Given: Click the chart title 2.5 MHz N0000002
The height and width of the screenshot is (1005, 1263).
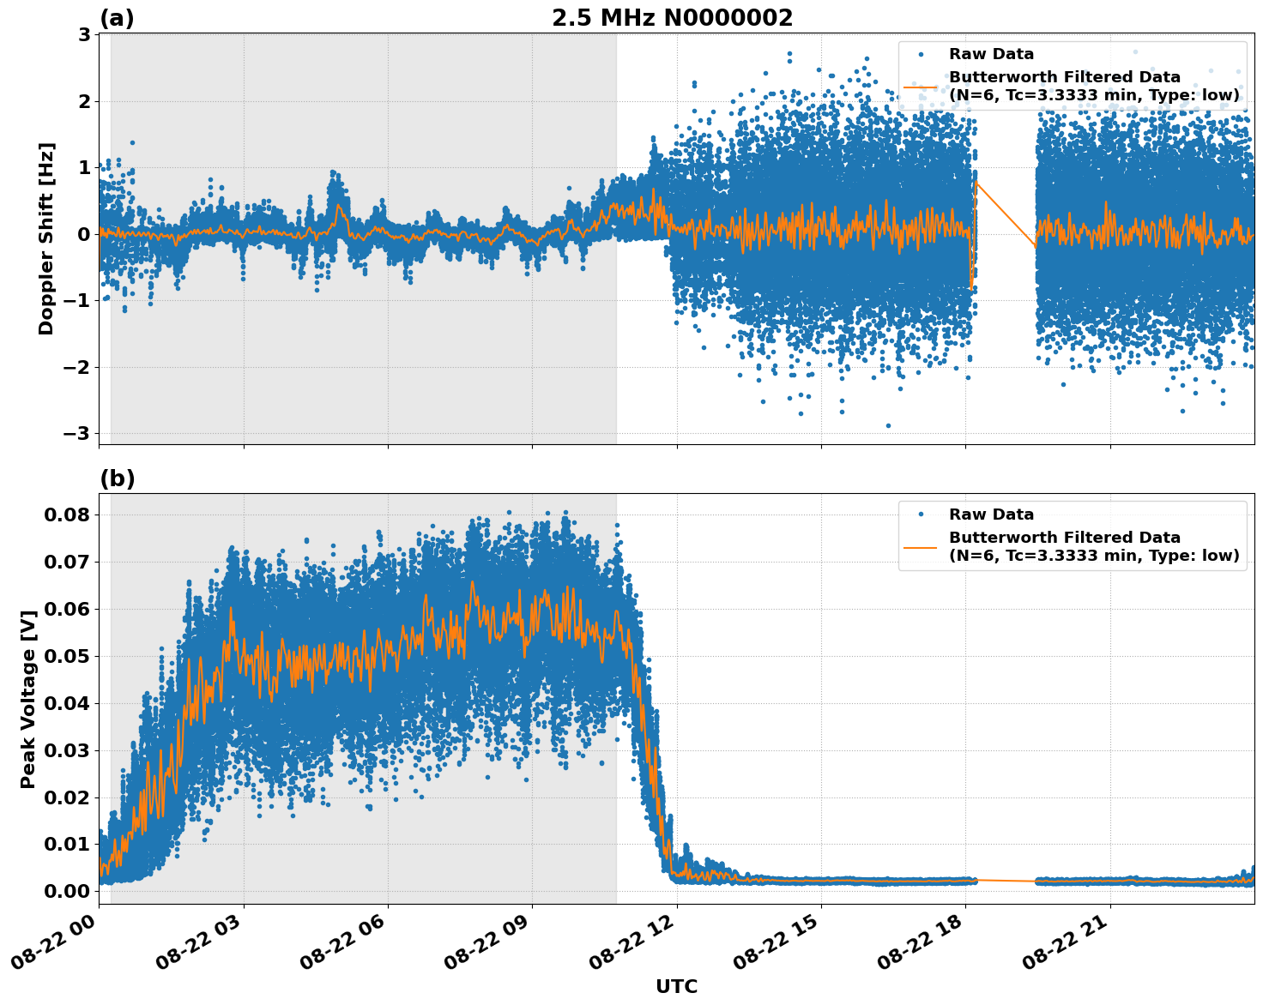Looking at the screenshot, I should tap(672, 18).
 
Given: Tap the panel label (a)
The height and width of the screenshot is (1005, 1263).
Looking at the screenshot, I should tap(117, 18).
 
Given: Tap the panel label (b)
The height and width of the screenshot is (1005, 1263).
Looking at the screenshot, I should tap(117, 478).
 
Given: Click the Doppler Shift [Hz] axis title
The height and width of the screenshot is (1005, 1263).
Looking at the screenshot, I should tap(46, 238).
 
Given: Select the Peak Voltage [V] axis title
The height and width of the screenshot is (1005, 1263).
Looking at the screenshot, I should tap(28, 699).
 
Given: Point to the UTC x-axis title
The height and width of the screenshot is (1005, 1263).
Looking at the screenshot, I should tap(676, 986).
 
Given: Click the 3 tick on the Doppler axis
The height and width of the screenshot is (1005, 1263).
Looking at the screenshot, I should tap(84, 34).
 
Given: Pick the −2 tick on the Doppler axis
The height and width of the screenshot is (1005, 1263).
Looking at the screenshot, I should tap(78, 367).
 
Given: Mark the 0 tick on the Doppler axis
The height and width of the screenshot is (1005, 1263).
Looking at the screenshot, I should tap(84, 234).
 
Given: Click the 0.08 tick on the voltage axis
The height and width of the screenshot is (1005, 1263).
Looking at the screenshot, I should tap(66, 515).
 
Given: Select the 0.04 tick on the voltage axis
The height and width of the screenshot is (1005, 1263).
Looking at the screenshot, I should tap(66, 703).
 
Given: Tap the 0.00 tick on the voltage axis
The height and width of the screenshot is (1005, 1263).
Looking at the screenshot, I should tap(66, 891).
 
